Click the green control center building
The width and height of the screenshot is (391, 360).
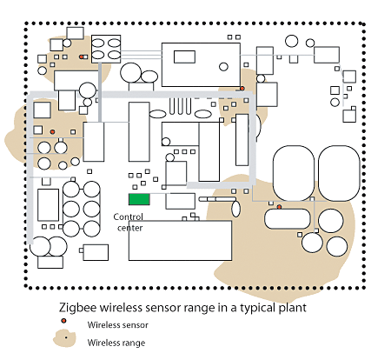pyautogui.click(x=139, y=199)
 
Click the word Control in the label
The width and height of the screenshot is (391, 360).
pyautogui.click(x=128, y=217)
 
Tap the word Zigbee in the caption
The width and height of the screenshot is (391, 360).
pyautogui.click(x=77, y=308)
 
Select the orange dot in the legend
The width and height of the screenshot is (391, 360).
pyautogui.click(x=63, y=321)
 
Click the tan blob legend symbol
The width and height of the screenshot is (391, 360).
pyautogui.click(x=64, y=338)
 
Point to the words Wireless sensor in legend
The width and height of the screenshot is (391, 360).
pyautogui.click(x=118, y=325)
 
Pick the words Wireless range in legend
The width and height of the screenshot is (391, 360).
pyautogui.click(x=116, y=343)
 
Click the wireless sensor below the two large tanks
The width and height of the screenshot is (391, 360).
pyautogui.click(x=279, y=207)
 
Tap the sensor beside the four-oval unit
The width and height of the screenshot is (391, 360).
pyautogui.click(x=82, y=57)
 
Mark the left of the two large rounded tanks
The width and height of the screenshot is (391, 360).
pyautogui.click(x=294, y=173)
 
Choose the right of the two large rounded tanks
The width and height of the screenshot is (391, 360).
pyautogui.click(x=339, y=173)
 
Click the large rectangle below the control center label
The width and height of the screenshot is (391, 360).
pyautogui.click(x=180, y=241)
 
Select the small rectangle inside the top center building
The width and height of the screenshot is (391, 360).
pyautogui.click(x=184, y=57)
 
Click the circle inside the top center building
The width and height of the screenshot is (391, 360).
pyautogui.click(x=223, y=67)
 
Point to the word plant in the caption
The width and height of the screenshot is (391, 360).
pyautogui.click(x=293, y=308)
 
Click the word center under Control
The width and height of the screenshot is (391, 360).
pyautogui.click(x=130, y=228)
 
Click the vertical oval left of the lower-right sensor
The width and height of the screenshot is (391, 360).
pyautogui.click(x=235, y=209)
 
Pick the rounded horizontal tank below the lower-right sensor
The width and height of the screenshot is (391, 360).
pyautogui.click(x=288, y=219)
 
